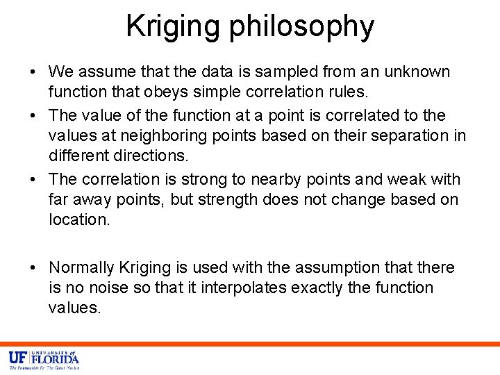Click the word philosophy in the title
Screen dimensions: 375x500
301,27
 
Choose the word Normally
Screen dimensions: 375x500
81,267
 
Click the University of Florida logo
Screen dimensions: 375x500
44,359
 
